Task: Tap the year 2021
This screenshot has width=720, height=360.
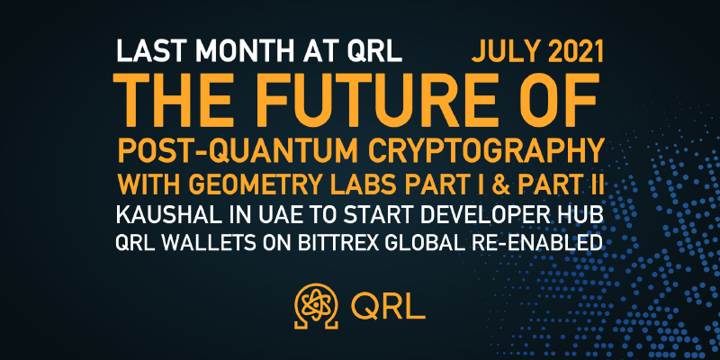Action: tap(573, 51)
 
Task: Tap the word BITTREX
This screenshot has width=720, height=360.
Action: tap(337, 242)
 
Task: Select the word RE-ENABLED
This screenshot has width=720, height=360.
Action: tap(533, 242)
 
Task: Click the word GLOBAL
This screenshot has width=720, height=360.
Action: tap(420, 242)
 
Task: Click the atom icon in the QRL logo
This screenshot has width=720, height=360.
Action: tap(317, 305)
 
